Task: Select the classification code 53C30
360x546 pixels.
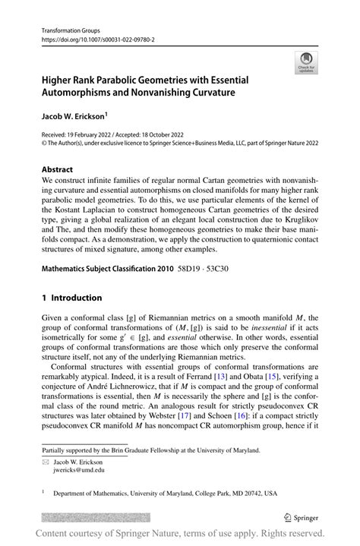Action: tap(229, 248)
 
